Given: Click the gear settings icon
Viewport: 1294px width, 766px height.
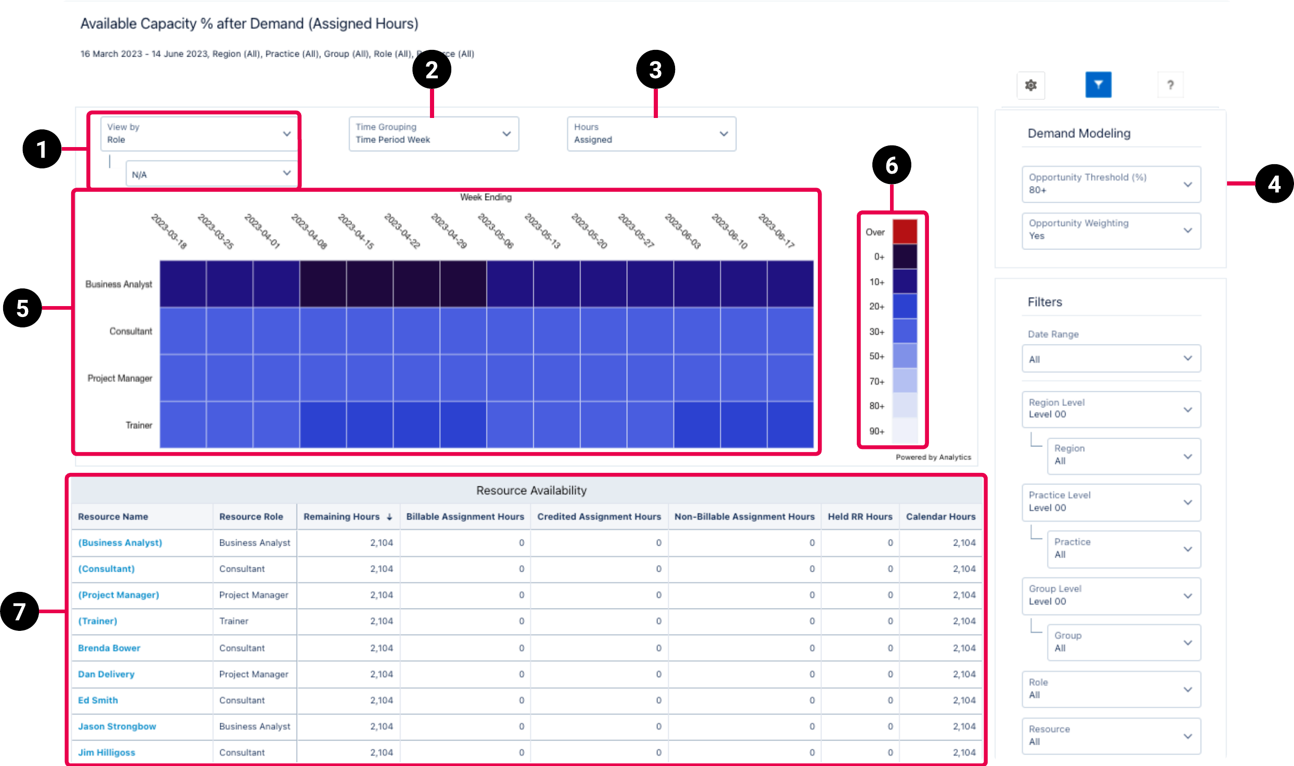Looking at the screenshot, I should [1031, 85].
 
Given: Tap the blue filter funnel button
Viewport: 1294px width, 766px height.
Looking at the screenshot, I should [1098, 85].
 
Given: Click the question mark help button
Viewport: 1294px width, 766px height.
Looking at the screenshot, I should [1170, 85].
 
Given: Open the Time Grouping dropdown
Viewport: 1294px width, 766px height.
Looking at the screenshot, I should [434, 134].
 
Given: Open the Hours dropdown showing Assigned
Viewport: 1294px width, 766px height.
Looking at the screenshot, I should [651, 134].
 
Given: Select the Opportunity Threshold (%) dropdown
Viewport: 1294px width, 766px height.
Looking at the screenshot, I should [1111, 184].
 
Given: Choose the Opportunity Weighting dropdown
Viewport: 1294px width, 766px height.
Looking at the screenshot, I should [1111, 230].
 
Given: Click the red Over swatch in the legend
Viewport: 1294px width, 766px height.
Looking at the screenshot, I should [905, 232].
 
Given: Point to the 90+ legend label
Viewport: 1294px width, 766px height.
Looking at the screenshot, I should [877, 431].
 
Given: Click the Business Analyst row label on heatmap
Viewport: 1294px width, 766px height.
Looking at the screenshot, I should [119, 284].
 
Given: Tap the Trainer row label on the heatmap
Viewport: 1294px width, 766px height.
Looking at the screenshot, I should [139, 425].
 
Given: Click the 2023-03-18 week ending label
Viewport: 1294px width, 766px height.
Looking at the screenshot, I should [169, 231].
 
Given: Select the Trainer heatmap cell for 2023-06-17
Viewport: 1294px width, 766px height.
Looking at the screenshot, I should [790, 425].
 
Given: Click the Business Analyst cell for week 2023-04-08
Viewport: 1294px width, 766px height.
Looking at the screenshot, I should [323, 284].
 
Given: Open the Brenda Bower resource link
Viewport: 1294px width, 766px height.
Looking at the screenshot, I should [109, 648].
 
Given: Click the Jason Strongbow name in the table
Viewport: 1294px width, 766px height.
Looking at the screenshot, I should [117, 727].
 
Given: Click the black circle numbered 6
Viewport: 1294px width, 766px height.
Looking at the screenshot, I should [892, 165].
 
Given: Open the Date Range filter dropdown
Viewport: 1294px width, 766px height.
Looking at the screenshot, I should [1111, 359].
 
